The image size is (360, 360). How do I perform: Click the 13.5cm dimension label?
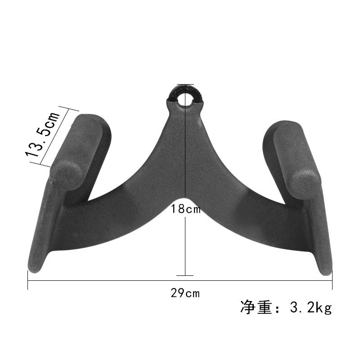click(x=43, y=134)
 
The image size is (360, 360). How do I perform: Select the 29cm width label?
click(x=185, y=293)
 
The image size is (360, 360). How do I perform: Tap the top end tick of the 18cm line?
click(x=185, y=84)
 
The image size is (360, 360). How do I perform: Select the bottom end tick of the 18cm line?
click(x=185, y=275)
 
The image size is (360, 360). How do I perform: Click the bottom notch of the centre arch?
click(x=185, y=197)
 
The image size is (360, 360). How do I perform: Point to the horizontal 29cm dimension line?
click(x=112, y=281)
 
